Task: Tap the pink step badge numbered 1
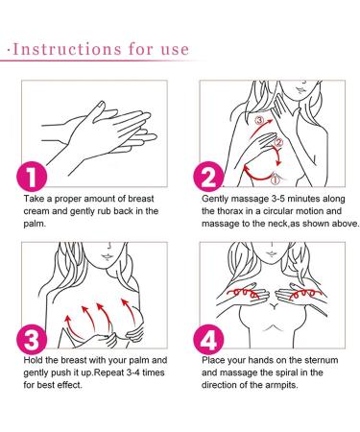[32, 177]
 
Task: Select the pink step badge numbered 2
[208, 177]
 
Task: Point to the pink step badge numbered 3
[32, 339]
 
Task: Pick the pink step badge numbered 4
[208, 339]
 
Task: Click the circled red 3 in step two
[259, 120]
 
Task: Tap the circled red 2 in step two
[278, 142]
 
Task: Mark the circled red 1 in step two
[276, 180]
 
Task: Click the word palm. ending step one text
[35, 224]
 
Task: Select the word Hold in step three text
[33, 360]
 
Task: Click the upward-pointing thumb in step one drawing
[98, 110]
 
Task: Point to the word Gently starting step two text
[215, 199]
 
